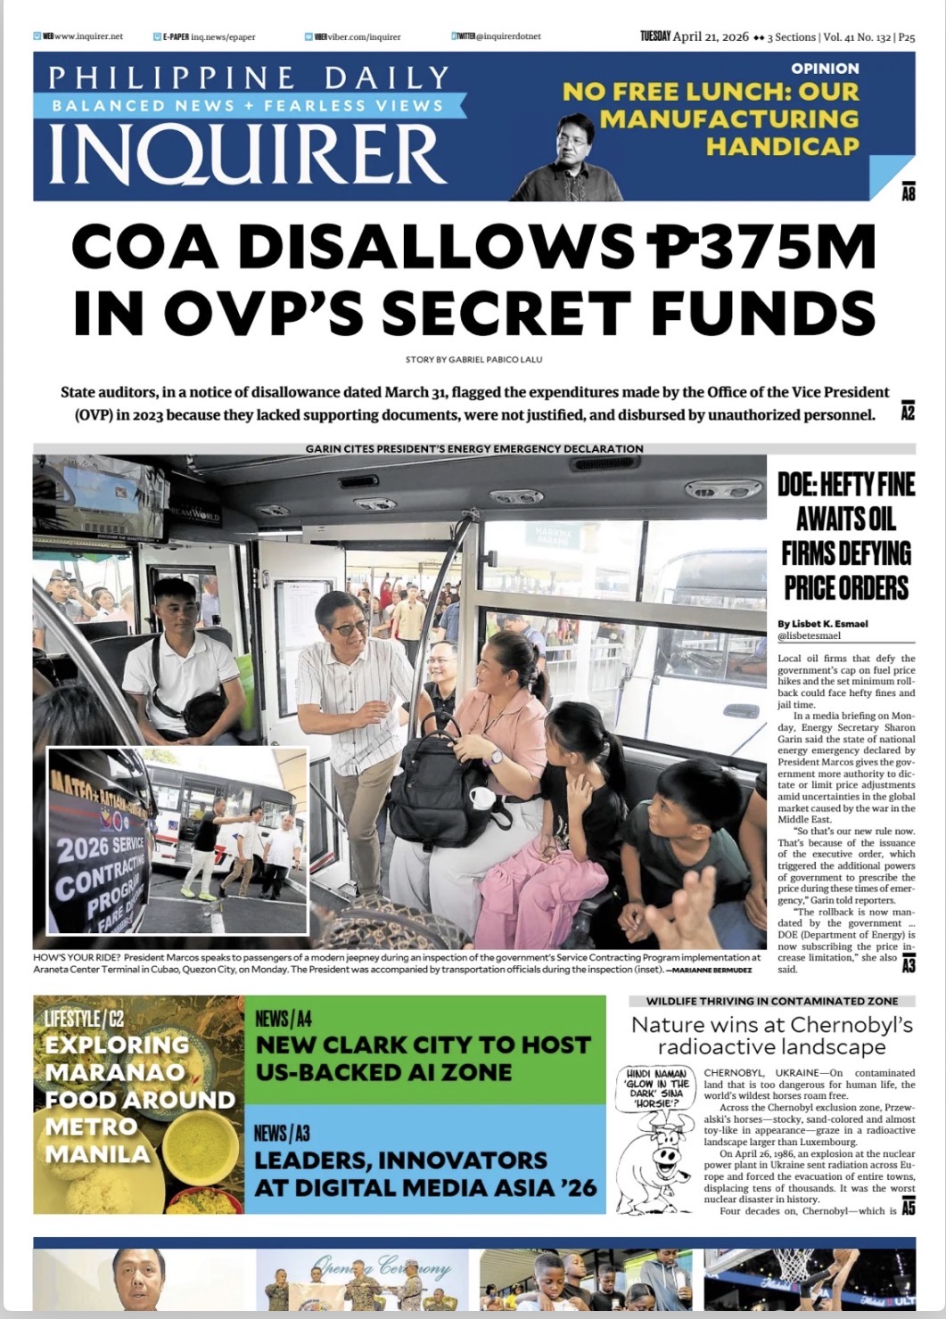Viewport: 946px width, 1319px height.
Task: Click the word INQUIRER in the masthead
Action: (x=247, y=152)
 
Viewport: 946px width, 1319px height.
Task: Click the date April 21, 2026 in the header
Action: (x=711, y=37)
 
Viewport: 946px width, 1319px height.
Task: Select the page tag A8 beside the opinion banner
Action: (x=908, y=192)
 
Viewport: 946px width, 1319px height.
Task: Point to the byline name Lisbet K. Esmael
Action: (x=822, y=623)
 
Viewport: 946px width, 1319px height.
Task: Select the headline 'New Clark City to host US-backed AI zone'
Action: (x=424, y=1058)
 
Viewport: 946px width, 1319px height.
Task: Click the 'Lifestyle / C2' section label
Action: (x=79, y=1019)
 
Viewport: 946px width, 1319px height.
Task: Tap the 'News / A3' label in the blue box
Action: (x=282, y=1133)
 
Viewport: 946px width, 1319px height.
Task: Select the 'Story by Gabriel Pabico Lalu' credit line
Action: (x=473, y=359)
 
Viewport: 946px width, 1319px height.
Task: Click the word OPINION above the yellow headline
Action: (x=825, y=69)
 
